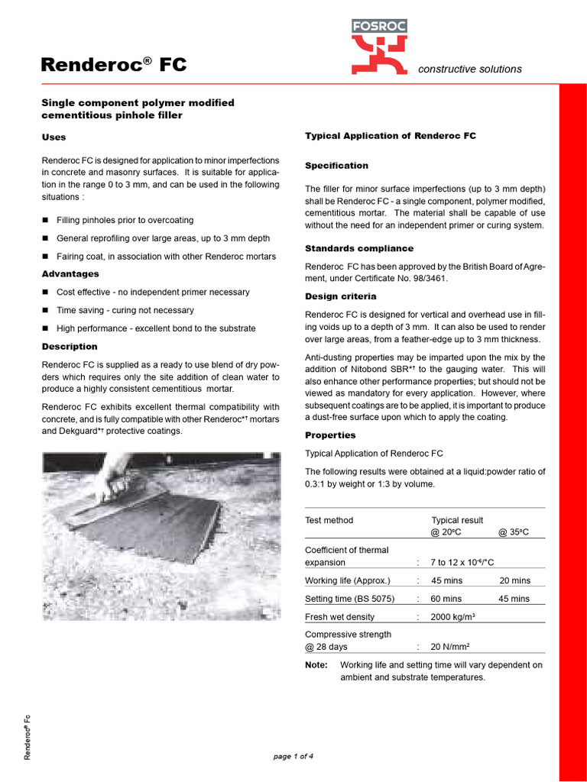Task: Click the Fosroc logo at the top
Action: click(x=379, y=47)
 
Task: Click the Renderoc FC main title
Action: click(x=113, y=65)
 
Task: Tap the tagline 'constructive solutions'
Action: click(x=469, y=69)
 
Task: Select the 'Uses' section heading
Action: click(x=54, y=137)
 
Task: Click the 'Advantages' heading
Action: click(x=70, y=274)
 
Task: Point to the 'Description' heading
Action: click(x=69, y=347)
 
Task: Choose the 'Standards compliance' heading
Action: click(x=358, y=249)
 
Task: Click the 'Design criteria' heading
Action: click(x=340, y=296)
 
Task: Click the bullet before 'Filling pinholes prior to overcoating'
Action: click(x=46, y=221)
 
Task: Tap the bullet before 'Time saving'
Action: click(x=46, y=311)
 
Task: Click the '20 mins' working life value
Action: click(x=514, y=580)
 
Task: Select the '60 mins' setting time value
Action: click(x=446, y=599)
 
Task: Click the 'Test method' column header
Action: click(x=329, y=520)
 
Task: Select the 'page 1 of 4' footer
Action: click(x=293, y=757)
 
